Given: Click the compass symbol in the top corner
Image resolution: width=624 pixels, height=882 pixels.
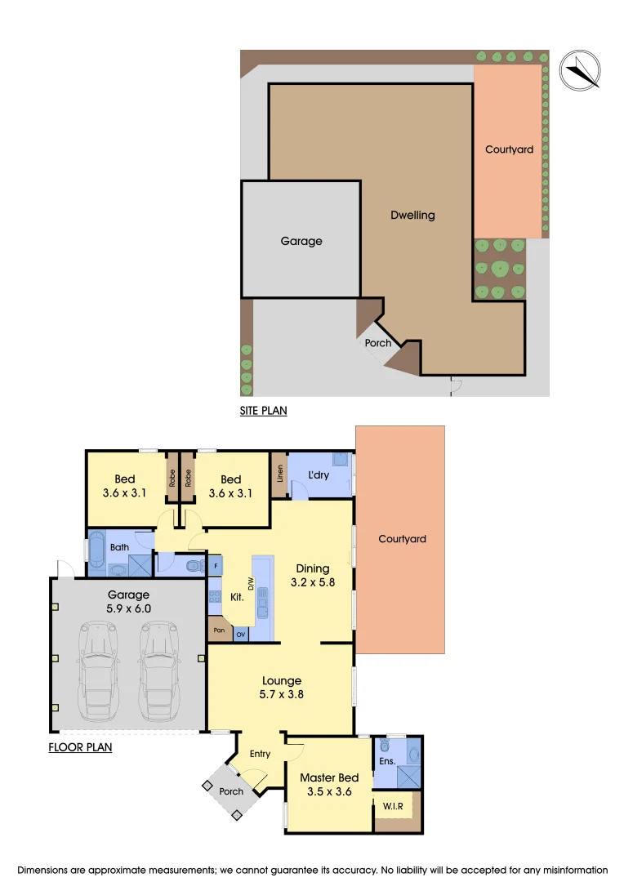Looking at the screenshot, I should (x=579, y=69).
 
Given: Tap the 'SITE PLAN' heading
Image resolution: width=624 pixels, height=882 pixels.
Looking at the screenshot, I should (x=263, y=411).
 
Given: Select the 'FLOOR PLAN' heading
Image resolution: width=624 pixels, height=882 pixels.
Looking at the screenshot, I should (x=80, y=746).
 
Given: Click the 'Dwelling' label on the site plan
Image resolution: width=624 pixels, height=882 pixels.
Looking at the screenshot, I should (x=412, y=216).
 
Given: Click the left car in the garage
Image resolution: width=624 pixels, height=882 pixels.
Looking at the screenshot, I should (x=99, y=666).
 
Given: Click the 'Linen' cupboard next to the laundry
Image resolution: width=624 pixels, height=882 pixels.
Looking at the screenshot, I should (x=279, y=476).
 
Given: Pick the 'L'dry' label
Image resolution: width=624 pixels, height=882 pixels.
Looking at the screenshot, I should (x=318, y=474).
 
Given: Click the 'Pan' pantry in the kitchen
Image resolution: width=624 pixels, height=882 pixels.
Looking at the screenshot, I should (x=219, y=630).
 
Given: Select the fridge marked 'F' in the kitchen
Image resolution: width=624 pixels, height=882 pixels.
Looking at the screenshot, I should (x=216, y=565).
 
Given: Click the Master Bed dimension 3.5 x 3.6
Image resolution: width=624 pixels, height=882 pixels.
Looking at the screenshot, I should (x=328, y=791).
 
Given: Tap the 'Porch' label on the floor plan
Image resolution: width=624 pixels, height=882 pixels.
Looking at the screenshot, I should (x=231, y=791).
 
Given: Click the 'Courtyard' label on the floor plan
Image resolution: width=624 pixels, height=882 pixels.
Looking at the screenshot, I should (x=402, y=539).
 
